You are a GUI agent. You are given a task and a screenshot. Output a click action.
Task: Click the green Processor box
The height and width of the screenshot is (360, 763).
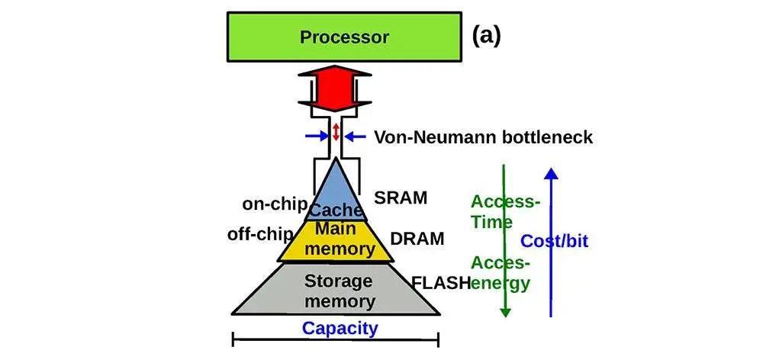coord(344,37)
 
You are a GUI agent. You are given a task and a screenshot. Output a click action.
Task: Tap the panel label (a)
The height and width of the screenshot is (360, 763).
coord(486,35)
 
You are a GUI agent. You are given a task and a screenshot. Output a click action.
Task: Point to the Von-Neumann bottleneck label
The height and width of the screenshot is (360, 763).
coord(483,137)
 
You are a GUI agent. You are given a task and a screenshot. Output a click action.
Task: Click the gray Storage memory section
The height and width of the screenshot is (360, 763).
coord(336,290)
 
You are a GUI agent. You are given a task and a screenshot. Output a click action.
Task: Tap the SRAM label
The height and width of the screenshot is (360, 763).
coord(401,198)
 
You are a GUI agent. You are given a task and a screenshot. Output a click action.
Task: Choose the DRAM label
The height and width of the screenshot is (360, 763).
coord(417,239)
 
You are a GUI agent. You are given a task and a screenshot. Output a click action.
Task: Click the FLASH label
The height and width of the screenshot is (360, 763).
coord(441,283)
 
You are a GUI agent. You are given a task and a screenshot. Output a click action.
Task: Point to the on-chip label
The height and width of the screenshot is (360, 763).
coord(275,204)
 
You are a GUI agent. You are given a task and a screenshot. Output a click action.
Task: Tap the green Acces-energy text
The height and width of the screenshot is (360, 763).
coord(501,273)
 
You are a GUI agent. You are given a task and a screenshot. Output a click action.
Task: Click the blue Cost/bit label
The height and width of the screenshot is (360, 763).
coord(555,242)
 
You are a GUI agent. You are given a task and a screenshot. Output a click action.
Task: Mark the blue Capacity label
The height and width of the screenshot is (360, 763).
coord(340,329)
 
